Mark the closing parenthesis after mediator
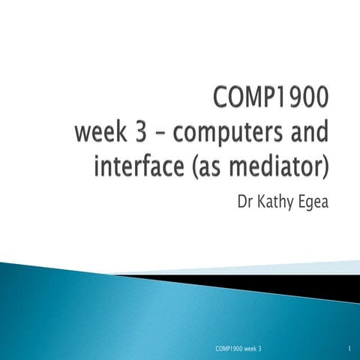click(x=325, y=166)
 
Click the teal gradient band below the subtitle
click(x=112, y=300)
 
